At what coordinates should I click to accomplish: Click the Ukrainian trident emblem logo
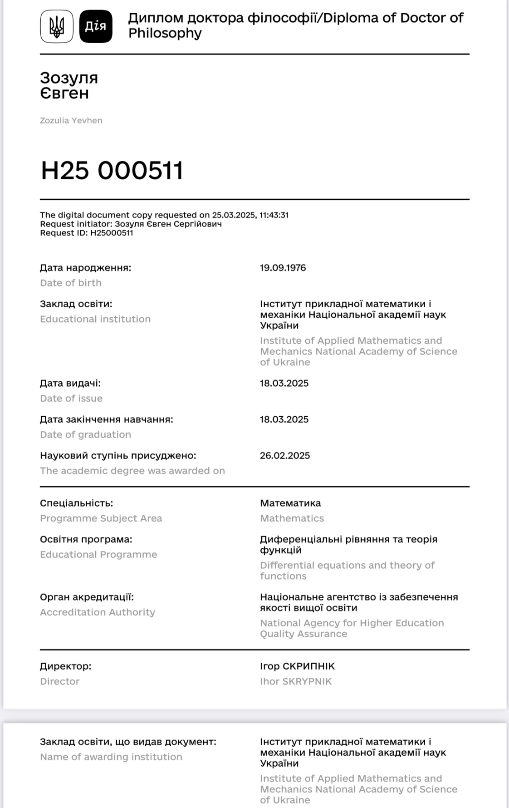tap(57, 26)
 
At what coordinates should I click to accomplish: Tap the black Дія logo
tap(96, 26)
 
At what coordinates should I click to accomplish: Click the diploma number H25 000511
tap(112, 171)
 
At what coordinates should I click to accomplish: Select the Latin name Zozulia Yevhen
tap(71, 120)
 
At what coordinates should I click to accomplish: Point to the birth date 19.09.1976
tap(283, 268)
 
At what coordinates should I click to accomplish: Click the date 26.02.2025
tap(285, 456)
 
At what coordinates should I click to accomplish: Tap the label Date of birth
tap(71, 283)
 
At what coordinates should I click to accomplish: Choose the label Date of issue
tap(71, 399)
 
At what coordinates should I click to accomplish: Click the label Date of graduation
tap(85, 434)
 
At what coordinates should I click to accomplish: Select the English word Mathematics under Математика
tap(292, 518)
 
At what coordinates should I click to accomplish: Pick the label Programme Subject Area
tap(101, 518)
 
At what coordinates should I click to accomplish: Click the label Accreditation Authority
tap(98, 612)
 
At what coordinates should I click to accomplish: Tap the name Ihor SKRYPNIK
tap(296, 681)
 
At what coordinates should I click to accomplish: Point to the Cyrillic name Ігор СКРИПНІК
tap(297, 666)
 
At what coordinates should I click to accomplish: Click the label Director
tap(59, 681)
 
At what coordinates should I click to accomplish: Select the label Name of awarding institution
tap(111, 757)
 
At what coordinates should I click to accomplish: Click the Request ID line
tap(87, 233)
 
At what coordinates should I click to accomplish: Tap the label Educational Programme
tap(98, 555)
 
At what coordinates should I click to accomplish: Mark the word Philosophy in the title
tap(165, 33)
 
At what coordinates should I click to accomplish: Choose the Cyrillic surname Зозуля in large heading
tap(69, 78)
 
